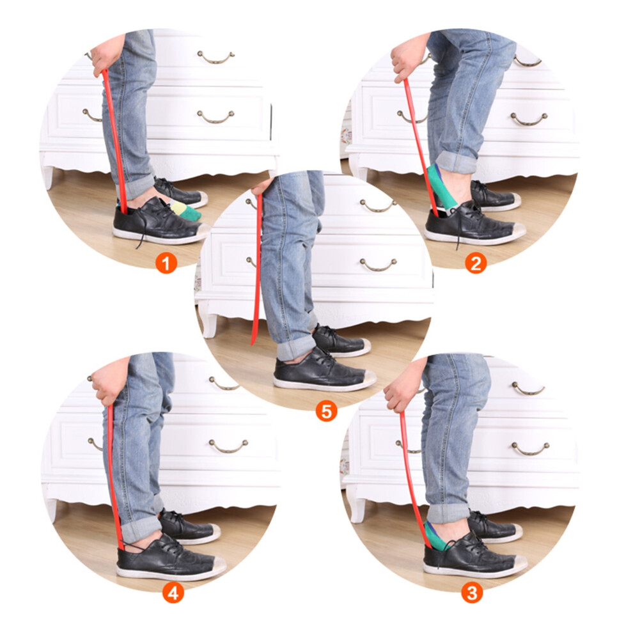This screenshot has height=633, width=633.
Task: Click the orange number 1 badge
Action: coord(166,263)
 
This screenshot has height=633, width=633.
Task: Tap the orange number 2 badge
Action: coord(476,263)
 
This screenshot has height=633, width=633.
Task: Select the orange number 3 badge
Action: coord(472,593)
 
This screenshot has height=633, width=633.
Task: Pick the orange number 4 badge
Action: coord(173,593)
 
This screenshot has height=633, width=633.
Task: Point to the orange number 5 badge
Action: coord(326,411)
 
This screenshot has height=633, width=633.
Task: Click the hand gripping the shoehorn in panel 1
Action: coord(104,56)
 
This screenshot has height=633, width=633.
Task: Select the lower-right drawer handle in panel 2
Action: coord(529,120)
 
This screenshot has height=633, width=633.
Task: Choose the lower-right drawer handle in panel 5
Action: coord(378,265)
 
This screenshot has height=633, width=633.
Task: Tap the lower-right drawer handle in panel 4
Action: coord(228,446)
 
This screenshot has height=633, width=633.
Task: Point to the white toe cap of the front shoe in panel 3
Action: coord(517,562)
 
